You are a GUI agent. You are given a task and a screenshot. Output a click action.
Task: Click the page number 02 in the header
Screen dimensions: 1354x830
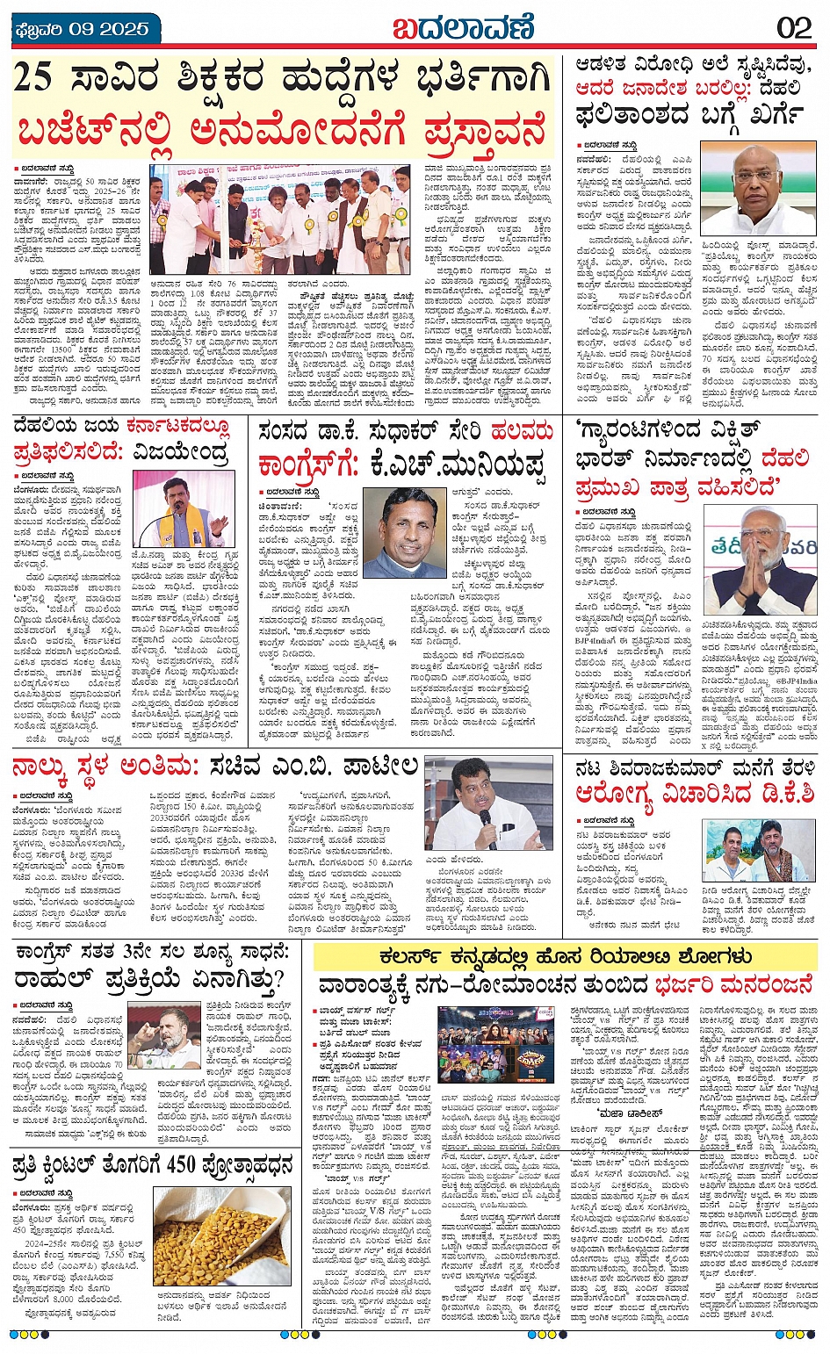coord(794,27)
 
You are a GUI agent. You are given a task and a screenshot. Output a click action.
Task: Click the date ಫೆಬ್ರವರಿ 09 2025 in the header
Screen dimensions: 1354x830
coord(82,28)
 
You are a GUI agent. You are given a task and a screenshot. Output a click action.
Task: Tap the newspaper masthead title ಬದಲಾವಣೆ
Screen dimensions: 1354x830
coord(462,27)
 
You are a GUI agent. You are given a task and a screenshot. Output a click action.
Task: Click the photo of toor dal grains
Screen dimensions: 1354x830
coord(223,1237)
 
